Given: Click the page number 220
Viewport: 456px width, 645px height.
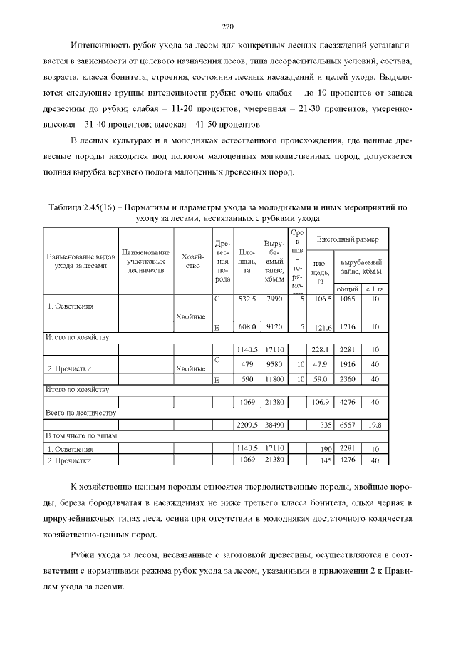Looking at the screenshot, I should tap(228, 27).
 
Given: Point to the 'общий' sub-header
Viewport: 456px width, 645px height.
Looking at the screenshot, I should tap(347, 289).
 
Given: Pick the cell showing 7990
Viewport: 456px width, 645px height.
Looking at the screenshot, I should tap(274, 299).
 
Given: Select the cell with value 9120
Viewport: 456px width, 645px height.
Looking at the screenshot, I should tap(274, 326).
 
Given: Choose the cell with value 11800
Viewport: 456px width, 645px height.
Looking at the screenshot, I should tap(274, 379).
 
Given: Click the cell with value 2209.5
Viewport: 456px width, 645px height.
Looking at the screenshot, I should tap(247, 425).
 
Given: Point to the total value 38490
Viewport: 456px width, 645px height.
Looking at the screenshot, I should tap(274, 425).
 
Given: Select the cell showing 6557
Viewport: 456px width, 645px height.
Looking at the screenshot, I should tap(347, 425).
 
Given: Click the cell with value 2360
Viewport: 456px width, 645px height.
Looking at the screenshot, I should tap(347, 379).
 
